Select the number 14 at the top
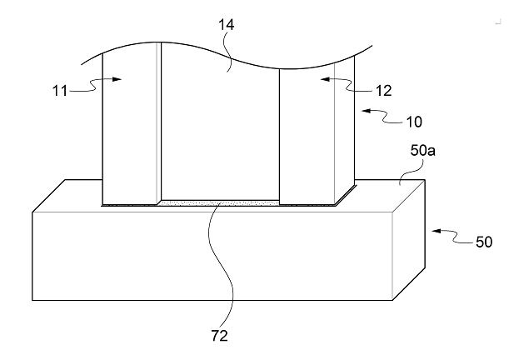[226, 25]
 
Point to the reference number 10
[413, 122]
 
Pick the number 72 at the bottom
[218, 337]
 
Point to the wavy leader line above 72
[218, 267]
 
